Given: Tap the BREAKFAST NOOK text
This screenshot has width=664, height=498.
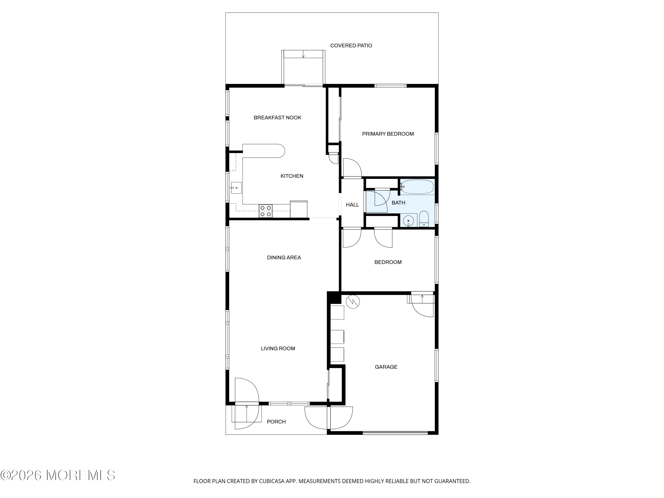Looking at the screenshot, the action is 277,118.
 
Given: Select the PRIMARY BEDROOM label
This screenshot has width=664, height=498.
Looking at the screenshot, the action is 388,134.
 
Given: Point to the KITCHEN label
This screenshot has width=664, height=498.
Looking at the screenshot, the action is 292,176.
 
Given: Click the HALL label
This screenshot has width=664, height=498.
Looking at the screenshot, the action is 352,205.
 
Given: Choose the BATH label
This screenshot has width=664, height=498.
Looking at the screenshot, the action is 398,203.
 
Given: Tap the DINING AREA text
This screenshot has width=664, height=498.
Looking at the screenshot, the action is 284,258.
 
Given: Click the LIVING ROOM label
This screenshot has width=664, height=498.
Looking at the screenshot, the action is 278,349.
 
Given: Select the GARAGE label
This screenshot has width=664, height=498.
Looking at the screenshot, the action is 386,367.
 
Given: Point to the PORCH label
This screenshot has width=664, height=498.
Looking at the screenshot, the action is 276,422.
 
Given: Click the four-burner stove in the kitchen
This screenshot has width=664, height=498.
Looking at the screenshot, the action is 266,211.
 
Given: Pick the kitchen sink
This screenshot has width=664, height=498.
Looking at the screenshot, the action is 236,188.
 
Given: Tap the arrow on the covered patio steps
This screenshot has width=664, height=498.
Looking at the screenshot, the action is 303,54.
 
